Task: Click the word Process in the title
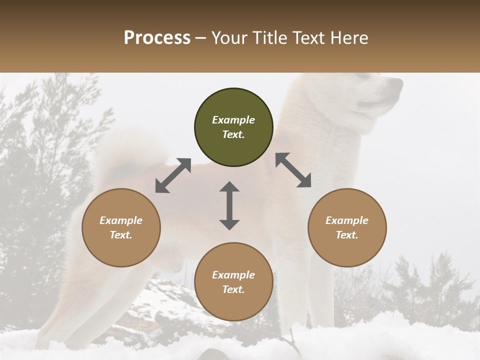pos(157,38)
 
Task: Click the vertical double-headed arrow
pos(229,205)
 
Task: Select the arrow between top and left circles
pos(173,175)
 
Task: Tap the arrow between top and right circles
pos(293,170)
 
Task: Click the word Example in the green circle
pos(233,120)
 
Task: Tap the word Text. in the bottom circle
pos(233,289)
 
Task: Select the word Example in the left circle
pos(121,220)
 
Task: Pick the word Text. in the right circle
pos(347,235)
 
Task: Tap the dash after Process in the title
pos(200,38)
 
